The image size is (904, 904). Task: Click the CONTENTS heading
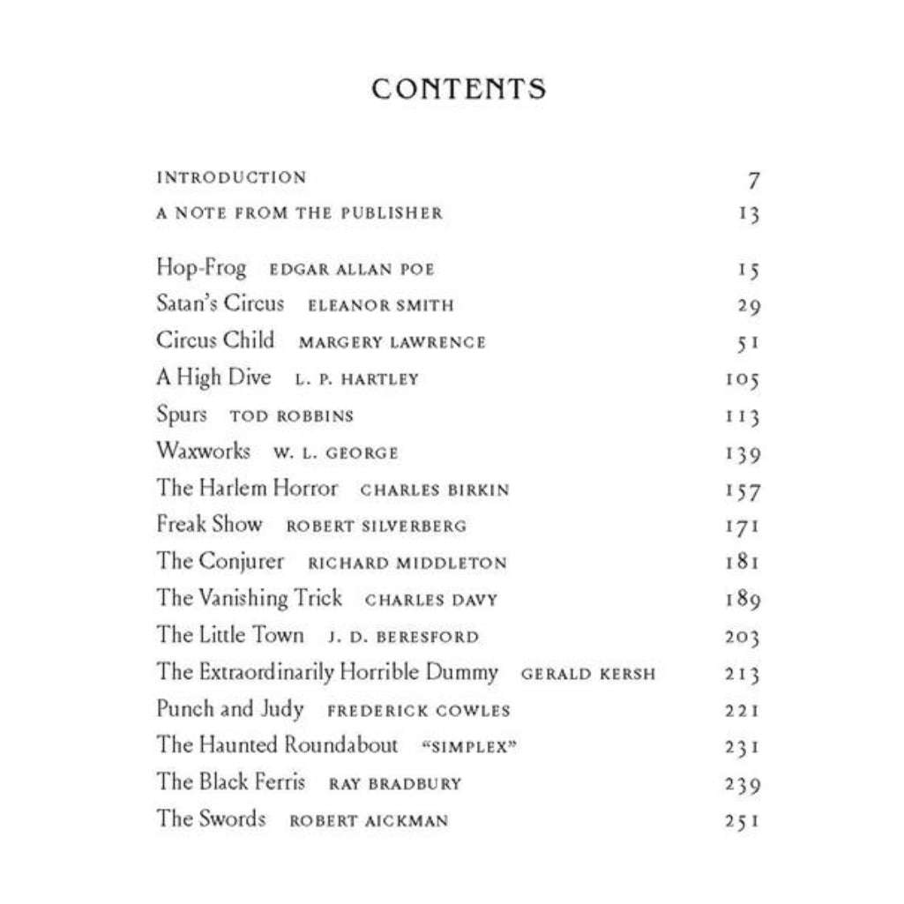tap(459, 89)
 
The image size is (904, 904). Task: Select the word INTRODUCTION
tap(231, 177)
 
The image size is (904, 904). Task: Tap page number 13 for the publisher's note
tap(749, 214)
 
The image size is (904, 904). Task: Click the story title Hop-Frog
tap(201, 268)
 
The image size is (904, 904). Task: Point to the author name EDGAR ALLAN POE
tap(352, 270)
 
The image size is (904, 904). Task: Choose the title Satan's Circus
tap(220, 304)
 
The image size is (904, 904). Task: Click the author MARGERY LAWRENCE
tap(392, 343)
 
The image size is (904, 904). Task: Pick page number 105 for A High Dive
tap(741, 380)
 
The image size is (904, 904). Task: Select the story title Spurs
tap(182, 415)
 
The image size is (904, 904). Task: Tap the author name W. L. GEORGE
tap(335, 453)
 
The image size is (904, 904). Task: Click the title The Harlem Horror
tap(247, 488)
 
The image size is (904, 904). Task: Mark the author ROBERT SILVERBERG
tap(376, 527)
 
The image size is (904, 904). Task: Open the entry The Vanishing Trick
tap(250, 598)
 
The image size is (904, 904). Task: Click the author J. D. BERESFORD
tap(402, 637)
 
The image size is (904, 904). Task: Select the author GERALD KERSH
tap(588, 675)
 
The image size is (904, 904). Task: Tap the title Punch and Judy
tap(230, 709)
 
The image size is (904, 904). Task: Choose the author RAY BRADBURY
tap(394, 784)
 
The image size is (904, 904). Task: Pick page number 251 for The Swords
tap(742, 821)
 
